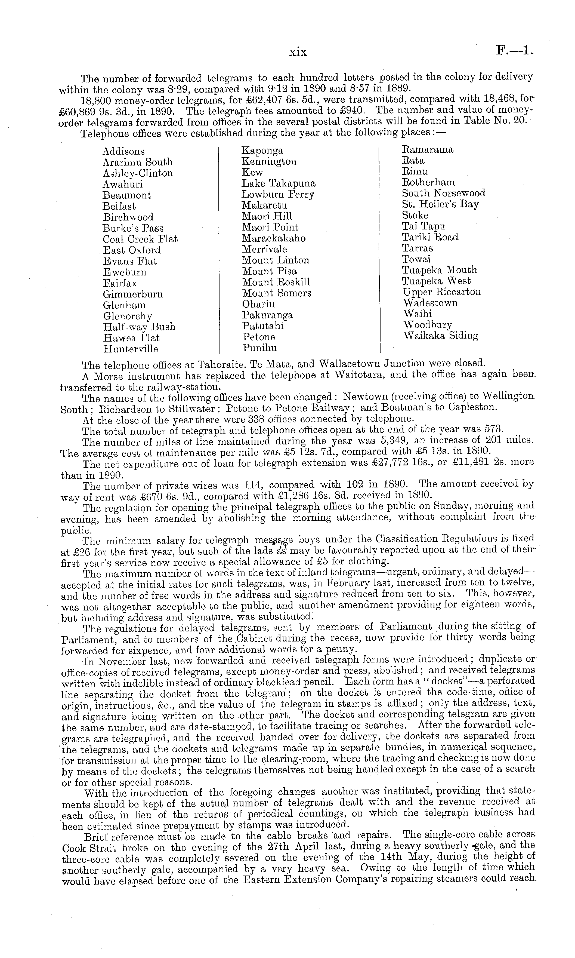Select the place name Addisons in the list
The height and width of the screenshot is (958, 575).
tap(123, 152)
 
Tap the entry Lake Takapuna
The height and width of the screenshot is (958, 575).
tap(279, 183)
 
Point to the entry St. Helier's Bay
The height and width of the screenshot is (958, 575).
tap(440, 204)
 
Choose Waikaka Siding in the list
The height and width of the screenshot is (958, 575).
tap(441, 336)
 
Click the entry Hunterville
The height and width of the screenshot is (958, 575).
tap(131, 349)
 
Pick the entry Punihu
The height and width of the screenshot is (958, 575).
tap(259, 348)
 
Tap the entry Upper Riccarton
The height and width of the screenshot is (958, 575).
tap(442, 292)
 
